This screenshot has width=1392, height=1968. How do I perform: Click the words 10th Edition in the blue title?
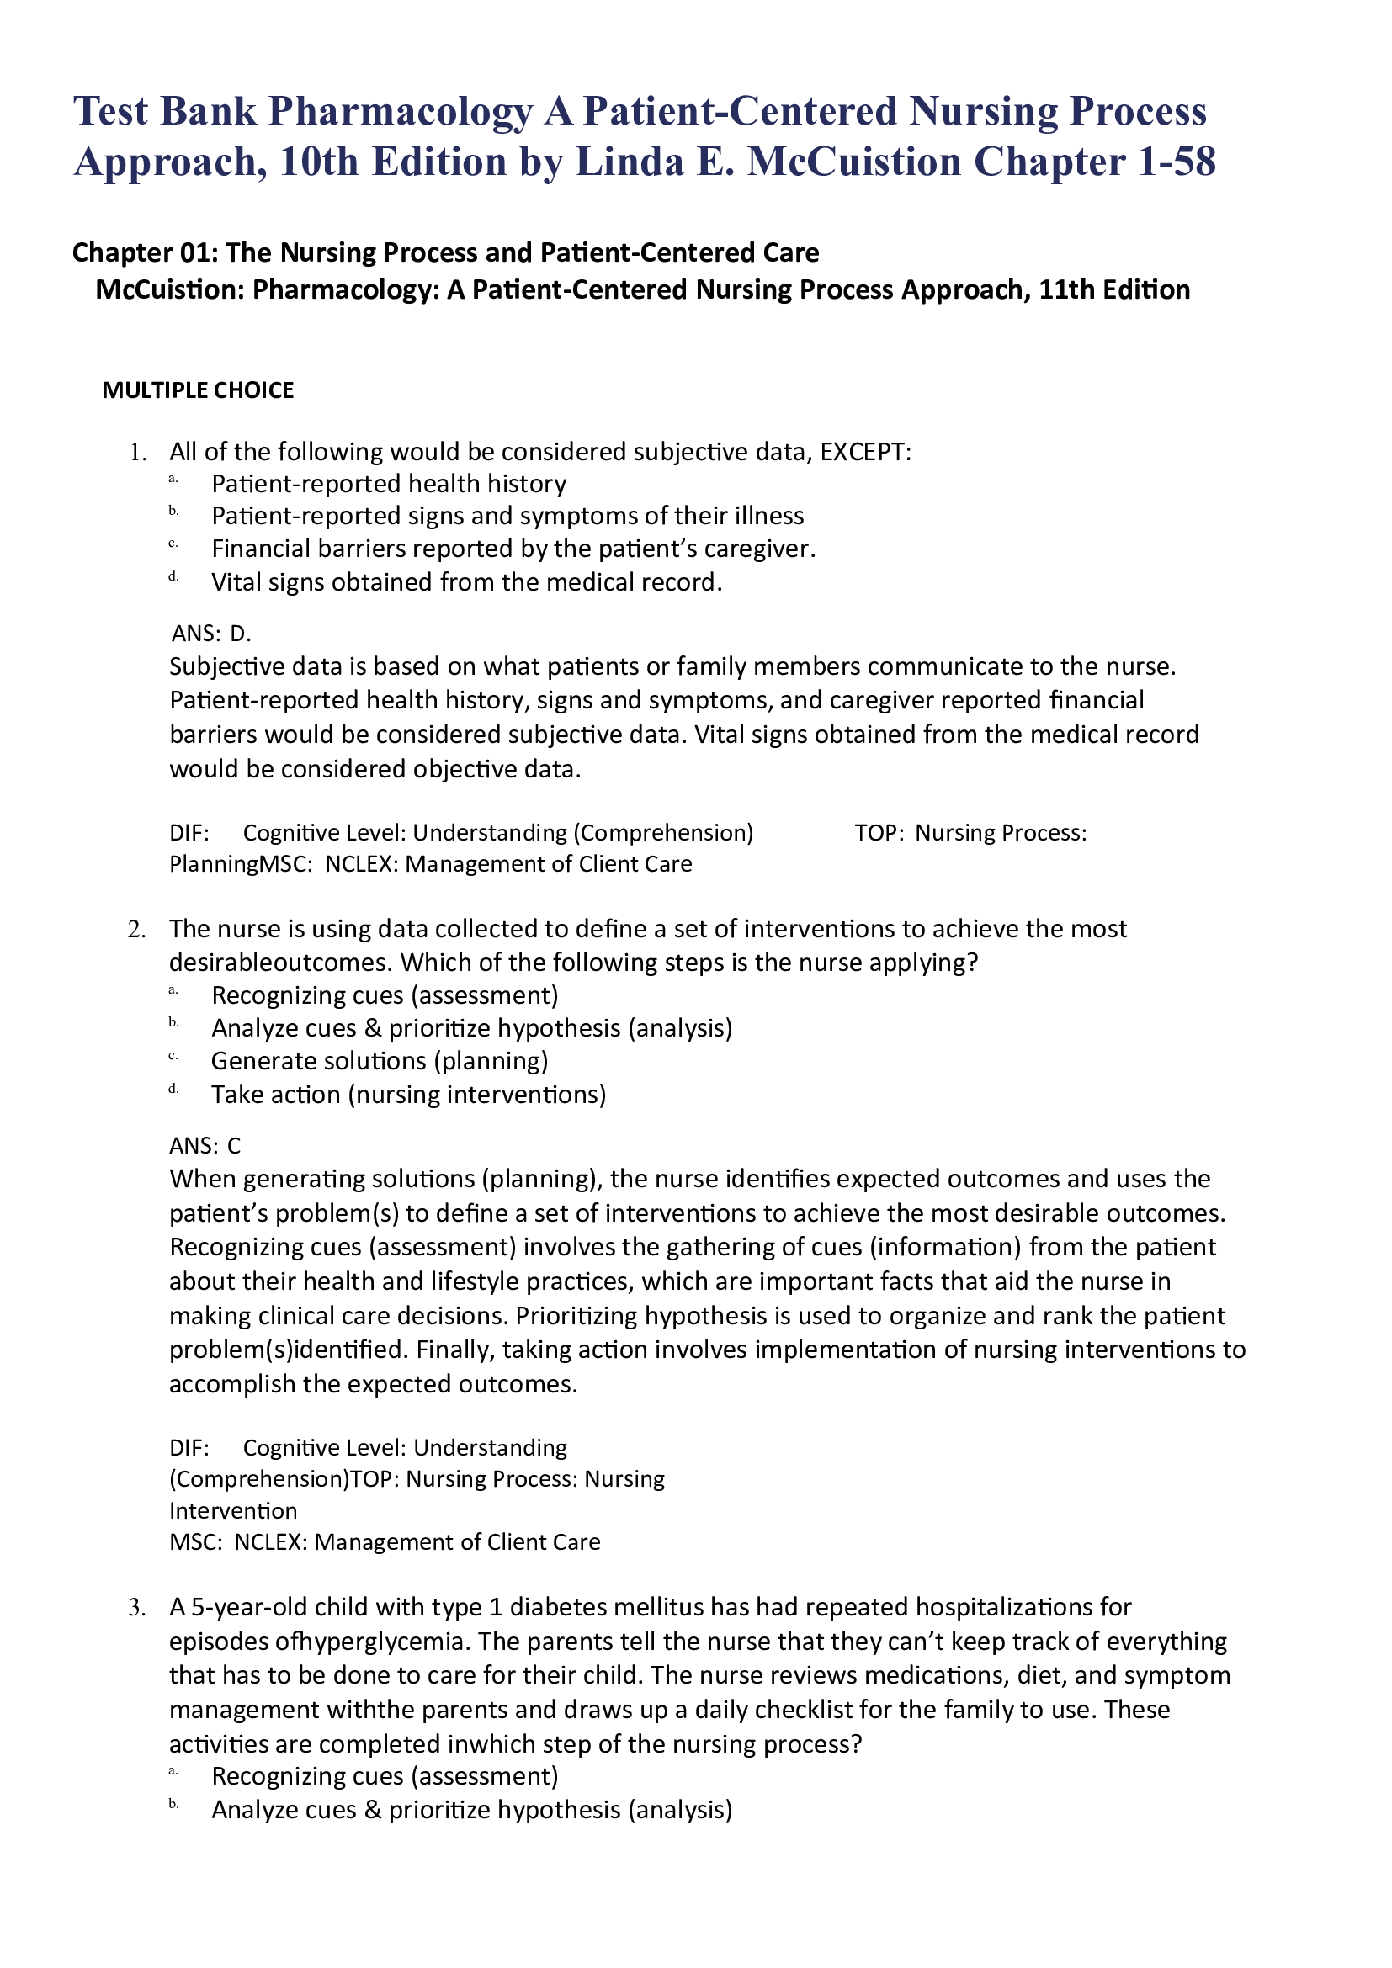coord(392,162)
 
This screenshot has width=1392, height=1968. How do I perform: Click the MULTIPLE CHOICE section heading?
coord(198,391)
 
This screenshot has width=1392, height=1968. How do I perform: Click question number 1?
coord(137,453)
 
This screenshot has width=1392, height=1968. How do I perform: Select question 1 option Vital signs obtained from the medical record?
coord(467,583)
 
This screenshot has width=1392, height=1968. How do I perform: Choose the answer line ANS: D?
coord(211,634)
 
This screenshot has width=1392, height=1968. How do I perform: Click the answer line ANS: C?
coord(205,1146)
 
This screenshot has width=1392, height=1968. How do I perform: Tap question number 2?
coord(137,929)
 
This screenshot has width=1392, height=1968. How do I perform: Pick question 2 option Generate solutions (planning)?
coord(380,1061)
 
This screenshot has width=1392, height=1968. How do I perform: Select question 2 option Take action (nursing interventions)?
coord(409,1095)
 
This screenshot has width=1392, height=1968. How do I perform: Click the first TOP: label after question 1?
coord(879,833)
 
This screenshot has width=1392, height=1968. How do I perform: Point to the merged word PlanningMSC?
coord(241,864)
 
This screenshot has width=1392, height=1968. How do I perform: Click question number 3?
coord(137,1607)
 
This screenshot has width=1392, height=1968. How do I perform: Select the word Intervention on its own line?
coord(233,1510)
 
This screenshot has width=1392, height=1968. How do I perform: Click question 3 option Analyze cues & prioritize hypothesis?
coord(471,1810)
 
